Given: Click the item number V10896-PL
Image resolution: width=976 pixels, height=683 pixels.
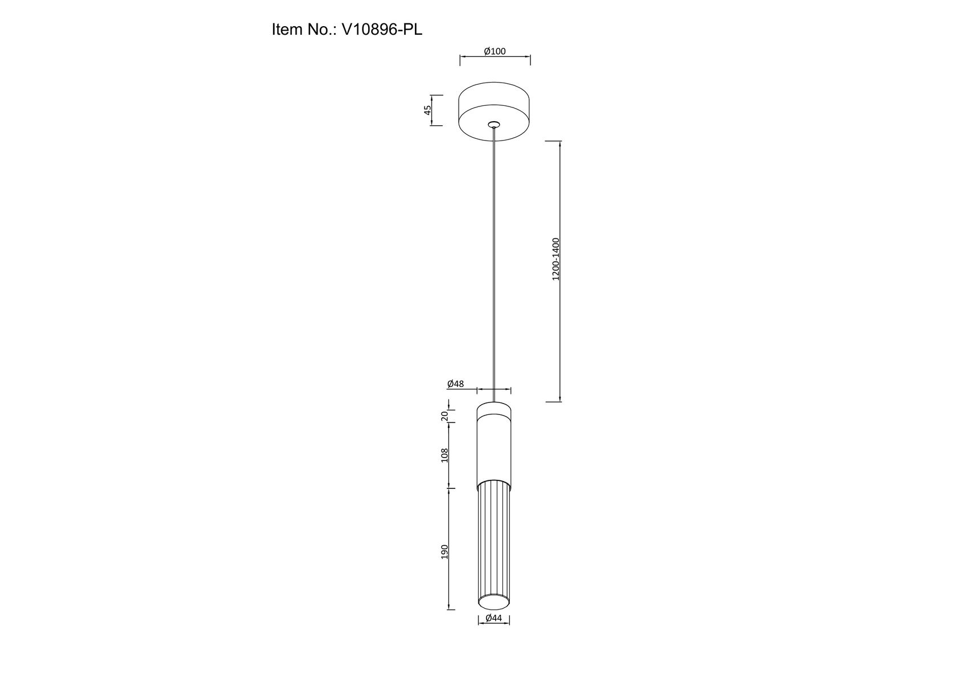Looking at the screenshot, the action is pyautogui.click(x=381, y=30).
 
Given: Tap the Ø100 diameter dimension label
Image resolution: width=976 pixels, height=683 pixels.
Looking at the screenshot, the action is pyautogui.click(x=495, y=51).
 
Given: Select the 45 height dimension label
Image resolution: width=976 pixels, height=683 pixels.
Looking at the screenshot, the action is pyautogui.click(x=427, y=110).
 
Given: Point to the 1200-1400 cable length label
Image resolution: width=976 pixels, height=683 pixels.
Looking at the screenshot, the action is pyautogui.click(x=556, y=259).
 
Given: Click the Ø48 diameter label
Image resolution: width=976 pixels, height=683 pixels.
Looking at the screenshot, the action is pyautogui.click(x=455, y=384).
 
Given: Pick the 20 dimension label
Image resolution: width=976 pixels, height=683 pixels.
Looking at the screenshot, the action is pyautogui.click(x=444, y=416).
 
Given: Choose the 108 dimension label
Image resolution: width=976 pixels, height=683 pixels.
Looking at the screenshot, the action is pyautogui.click(x=444, y=455).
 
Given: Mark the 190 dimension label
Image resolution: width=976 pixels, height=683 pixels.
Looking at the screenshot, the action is pyautogui.click(x=444, y=552).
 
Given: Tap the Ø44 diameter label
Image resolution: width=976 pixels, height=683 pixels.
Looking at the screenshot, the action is pyautogui.click(x=493, y=618).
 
